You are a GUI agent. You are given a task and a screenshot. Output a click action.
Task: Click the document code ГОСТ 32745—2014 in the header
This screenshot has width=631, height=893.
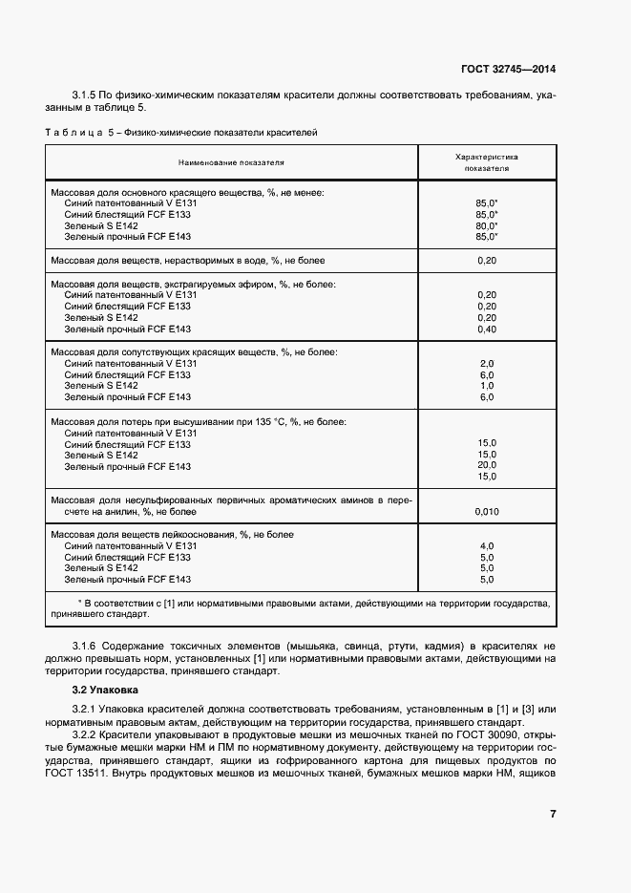[x=510, y=69]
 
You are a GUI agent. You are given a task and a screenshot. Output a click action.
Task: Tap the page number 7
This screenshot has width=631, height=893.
[x=553, y=814]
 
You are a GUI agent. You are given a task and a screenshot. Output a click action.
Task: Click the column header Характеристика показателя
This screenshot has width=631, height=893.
[x=486, y=160]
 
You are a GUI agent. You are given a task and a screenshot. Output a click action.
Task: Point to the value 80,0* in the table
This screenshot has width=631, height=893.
[x=486, y=225]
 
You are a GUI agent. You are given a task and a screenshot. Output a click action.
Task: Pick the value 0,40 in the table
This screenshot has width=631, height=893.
[x=486, y=330]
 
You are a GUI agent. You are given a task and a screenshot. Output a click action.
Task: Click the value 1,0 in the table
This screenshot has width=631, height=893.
[x=486, y=386]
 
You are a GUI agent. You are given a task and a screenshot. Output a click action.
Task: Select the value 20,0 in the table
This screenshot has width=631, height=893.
[x=486, y=464]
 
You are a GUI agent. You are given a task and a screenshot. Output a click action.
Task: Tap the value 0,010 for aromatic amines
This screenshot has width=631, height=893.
[x=486, y=512]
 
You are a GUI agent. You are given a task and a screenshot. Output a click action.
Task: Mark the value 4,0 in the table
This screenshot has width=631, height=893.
[x=486, y=546]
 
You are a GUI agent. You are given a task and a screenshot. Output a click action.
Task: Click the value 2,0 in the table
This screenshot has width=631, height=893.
[x=486, y=364]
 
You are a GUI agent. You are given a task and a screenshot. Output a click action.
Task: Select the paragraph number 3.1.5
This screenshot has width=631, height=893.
[x=86, y=96]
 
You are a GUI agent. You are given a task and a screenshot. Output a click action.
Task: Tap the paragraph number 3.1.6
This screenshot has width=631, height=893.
[x=86, y=647]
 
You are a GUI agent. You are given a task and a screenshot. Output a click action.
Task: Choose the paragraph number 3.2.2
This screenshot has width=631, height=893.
[x=86, y=735]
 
